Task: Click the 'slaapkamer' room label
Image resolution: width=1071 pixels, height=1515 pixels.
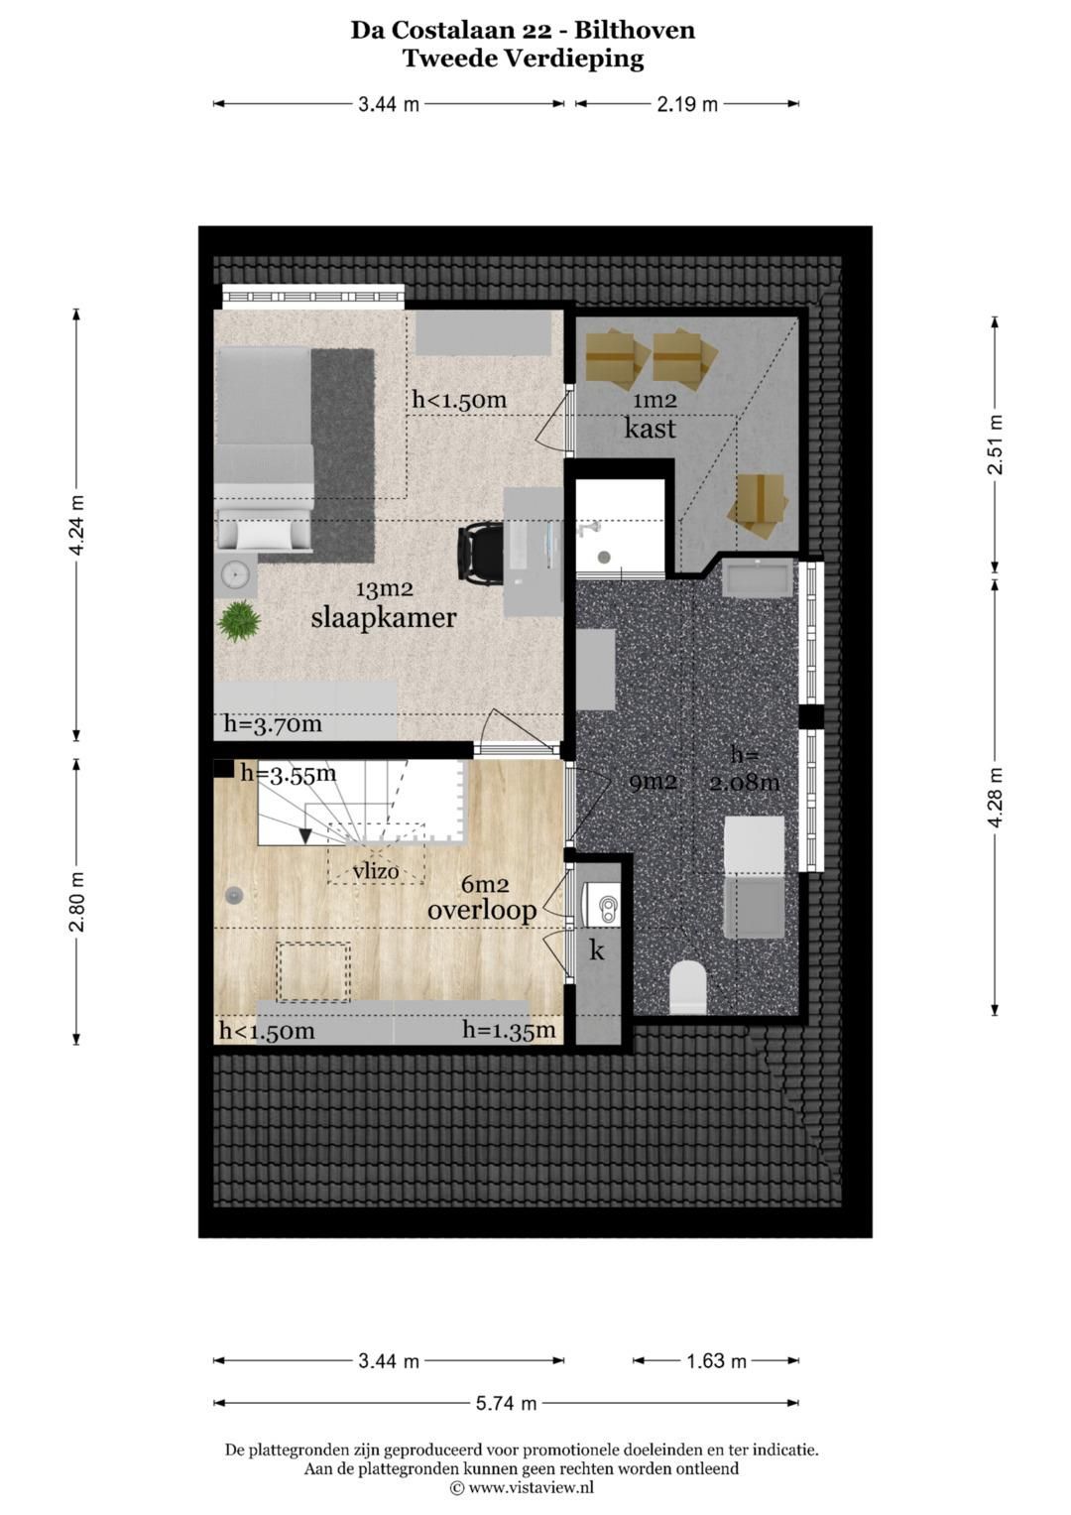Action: [384, 617]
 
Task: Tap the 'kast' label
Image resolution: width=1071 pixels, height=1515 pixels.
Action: [650, 429]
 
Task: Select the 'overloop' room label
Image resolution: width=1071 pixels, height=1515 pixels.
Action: [482, 911]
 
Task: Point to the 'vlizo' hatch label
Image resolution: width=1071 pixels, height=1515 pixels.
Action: [376, 872]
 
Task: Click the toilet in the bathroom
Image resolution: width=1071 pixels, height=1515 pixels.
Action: [687, 987]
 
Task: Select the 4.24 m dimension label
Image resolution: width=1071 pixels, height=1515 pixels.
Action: [76, 525]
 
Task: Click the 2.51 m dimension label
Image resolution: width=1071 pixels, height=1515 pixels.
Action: [995, 443]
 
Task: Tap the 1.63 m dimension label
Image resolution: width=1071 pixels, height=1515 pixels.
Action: [717, 1361]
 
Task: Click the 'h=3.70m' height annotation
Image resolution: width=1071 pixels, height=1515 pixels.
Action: [273, 725]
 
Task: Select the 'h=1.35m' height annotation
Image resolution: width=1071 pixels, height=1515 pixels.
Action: [509, 1030]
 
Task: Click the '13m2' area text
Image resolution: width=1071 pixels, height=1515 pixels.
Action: [384, 589]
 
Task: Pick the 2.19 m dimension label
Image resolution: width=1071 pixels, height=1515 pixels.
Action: [687, 105]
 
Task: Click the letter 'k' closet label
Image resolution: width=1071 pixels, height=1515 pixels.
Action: [596, 950]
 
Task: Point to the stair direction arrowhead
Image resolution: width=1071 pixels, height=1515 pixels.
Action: [305, 836]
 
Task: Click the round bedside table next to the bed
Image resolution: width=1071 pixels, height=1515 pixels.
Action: [237, 574]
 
